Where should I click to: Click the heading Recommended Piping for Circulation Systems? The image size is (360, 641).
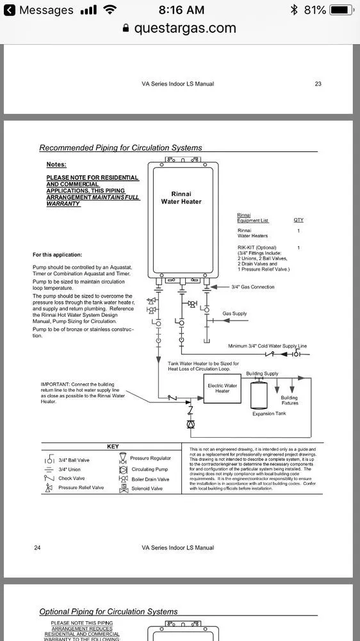coord(120,148)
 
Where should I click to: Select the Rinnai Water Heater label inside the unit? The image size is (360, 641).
coord(186,197)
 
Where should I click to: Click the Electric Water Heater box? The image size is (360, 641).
coord(222,388)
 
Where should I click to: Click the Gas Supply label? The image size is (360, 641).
coord(234,313)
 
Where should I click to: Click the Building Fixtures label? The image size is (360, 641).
coord(290,401)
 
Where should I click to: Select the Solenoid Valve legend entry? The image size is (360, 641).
coord(147,488)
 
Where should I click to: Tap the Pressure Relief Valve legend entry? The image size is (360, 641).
coord(81,488)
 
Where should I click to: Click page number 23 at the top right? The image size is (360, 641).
coord(318,84)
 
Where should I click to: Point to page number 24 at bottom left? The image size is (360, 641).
coord(37,547)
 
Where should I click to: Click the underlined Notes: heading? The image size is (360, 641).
coord(56,165)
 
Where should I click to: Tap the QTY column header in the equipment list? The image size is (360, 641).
coord(299,220)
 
